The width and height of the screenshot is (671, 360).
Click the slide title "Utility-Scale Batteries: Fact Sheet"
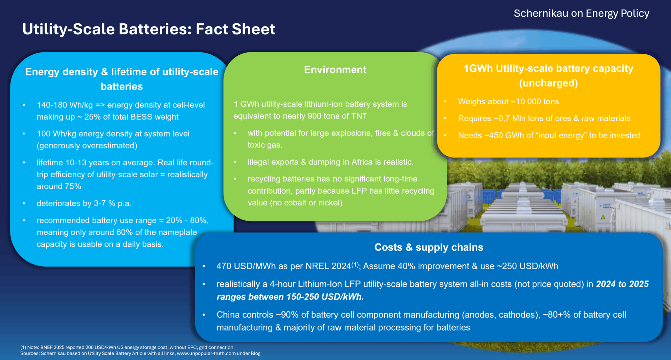(x=149, y=29)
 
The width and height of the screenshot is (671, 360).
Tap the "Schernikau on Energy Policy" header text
(x=581, y=13)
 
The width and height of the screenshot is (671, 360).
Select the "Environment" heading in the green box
(x=335, y=70)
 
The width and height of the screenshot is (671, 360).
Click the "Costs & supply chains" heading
(x=429, y=247)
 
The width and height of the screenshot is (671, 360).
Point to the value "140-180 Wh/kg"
(x=65, y=105)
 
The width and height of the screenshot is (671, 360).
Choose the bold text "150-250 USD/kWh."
(x=325, y=297)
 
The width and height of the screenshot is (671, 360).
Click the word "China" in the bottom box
(x=228, y=315)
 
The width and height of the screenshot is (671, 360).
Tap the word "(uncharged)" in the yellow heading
(x=548, y=83)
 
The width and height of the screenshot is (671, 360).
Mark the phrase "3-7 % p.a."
(x=113, y=203)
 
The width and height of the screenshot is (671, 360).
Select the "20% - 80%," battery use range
(x=187, y=220)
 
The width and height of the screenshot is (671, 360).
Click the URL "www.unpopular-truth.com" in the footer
(x=206, y=353)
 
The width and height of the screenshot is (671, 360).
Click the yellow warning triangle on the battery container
(x=603, y=217)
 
